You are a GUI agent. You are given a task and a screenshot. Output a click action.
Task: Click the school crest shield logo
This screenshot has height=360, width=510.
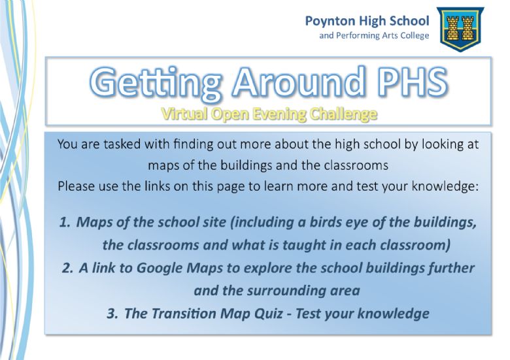460,29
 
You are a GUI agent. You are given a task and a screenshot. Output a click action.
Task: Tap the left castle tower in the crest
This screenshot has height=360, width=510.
452,28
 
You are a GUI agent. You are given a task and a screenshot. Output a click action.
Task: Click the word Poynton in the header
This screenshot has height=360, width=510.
330,21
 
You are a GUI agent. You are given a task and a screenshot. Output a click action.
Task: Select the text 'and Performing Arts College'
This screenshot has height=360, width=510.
374,35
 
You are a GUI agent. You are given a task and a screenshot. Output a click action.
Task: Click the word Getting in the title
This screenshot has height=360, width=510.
156,82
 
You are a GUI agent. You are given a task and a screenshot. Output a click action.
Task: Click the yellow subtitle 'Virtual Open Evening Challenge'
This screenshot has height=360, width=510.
269,114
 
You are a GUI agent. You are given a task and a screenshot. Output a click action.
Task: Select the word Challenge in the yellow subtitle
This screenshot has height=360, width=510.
343,114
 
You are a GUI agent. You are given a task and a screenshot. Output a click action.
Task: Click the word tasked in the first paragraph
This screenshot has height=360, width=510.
122,144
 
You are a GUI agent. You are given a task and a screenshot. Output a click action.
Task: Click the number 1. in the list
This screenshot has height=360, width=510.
65,222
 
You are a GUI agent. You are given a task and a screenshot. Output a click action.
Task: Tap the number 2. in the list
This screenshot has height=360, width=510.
67,268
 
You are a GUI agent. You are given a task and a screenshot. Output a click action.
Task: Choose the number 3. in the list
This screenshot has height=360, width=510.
112,314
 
